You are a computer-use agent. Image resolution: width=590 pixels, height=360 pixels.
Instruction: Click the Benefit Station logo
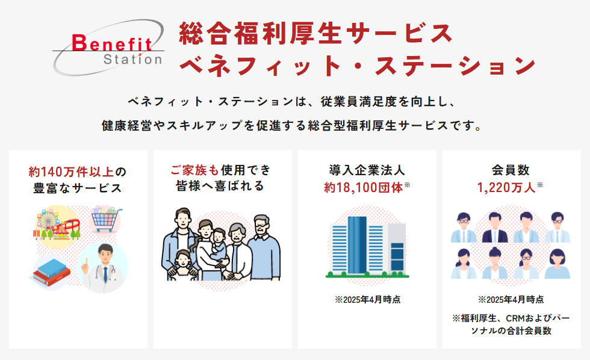(108, 48)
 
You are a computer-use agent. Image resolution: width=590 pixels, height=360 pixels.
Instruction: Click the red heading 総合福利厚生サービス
(316, 34)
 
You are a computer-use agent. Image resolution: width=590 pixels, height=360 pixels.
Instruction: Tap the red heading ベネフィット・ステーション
(358, 66)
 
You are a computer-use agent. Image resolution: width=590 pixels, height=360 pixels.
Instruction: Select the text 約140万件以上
(71, 172)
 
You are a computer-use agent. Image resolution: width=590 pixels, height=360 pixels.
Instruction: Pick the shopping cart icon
(105, 219)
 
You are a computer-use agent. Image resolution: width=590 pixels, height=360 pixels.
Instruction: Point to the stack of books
(51, 272)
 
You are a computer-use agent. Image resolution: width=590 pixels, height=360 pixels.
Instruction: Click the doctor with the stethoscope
(103, 268)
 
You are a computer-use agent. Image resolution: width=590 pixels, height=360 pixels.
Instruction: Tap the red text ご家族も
(194, 170)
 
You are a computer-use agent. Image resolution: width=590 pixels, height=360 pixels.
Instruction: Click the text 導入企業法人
(367, 170)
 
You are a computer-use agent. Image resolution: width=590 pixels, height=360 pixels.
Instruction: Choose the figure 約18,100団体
(364, 187)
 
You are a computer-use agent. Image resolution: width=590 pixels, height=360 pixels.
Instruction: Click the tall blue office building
(357, 244)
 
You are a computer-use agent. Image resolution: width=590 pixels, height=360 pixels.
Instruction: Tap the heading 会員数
(511, 170)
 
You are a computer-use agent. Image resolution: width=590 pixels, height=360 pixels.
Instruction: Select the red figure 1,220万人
(506, 187)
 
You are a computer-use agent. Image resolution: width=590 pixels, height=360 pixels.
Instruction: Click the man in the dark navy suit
(495, 228)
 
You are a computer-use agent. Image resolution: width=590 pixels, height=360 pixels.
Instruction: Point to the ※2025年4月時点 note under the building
(368, 300)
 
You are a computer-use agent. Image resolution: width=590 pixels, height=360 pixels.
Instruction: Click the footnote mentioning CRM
(511, 324)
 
